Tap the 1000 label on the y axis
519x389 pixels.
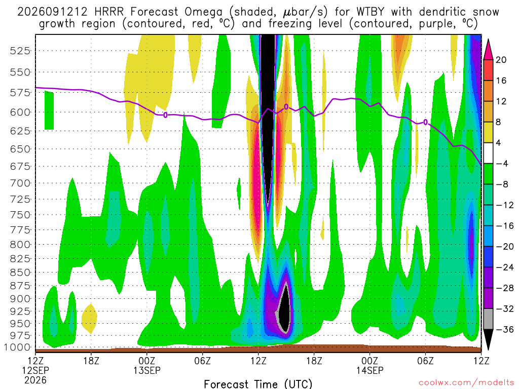click(x=17, y=347)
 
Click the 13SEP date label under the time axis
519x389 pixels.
click(x=147, y=370)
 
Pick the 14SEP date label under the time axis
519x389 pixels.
click(x=369, y=370)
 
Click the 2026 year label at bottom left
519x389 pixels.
click(x=35, y=380)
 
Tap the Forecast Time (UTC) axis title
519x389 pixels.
click(x=258, y=384)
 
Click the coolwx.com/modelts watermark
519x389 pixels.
click(x=466, y=383)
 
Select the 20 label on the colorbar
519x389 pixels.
click(x=501, y=60)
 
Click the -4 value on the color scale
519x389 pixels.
click(x=502, y=164)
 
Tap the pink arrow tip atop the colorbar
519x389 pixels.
click(x=488, y=40)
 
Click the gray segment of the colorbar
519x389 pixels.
click(x=488, y=319)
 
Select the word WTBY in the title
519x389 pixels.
click(x=370, y=12)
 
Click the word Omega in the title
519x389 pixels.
click(x=204, y=13)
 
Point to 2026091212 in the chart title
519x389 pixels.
click(x=52, y=12)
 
